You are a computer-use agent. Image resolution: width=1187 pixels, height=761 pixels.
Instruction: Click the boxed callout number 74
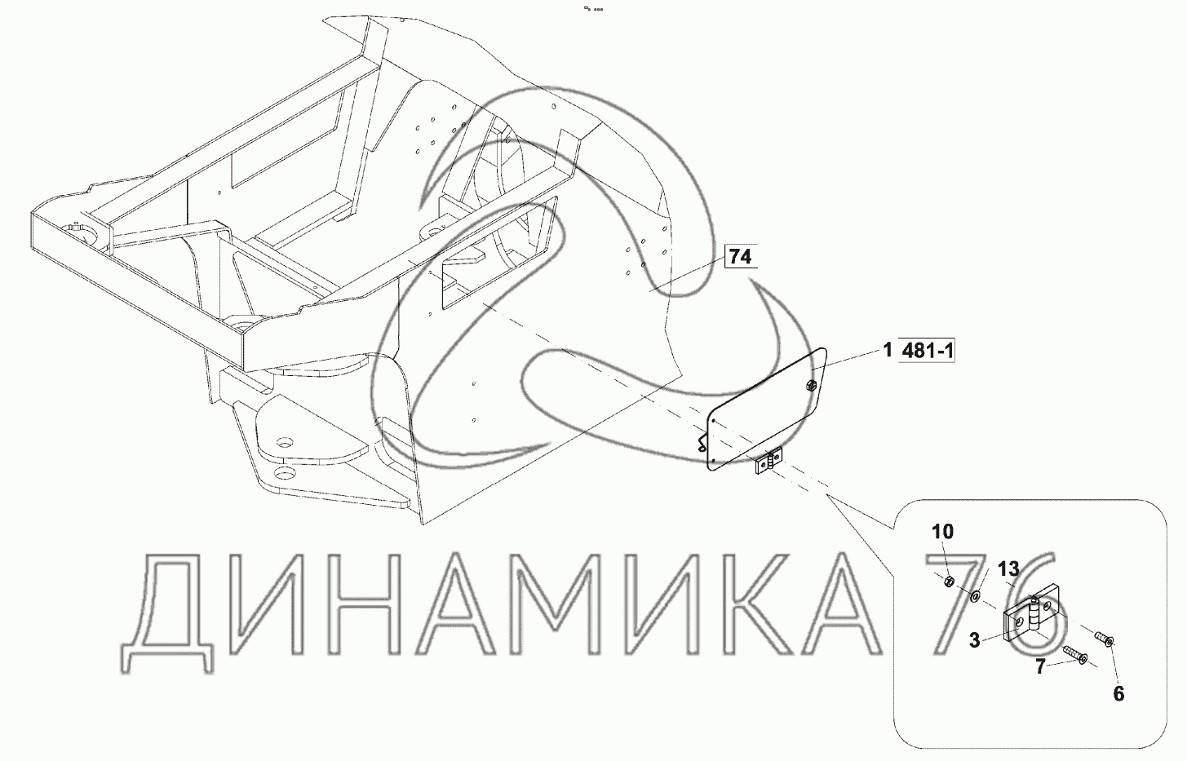click(x=740, y=257)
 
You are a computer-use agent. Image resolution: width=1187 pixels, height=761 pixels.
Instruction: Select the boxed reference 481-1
click(x=927, y=351)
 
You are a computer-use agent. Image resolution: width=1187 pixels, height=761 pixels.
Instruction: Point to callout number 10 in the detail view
click(x=943, y=531)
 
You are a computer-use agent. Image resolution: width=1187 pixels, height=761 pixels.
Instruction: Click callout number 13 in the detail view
click(x=1008, y=569)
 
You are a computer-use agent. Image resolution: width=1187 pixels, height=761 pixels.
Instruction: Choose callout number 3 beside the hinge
click(x=975, y=641)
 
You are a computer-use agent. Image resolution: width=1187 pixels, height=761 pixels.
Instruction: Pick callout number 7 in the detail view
click(x=1040, y=666)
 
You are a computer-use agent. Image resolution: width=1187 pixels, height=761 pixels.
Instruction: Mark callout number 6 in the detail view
click(x=1118, y=693)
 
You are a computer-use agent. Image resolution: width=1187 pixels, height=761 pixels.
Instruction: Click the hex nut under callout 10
click(x=949, y=582)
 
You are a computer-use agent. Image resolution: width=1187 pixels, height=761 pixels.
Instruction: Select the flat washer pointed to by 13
click(x=975, y=597)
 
